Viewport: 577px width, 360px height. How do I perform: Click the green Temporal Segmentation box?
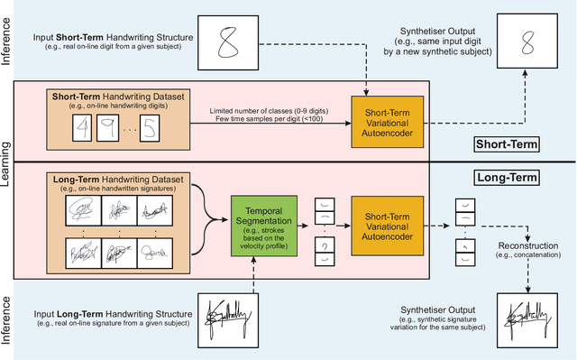tap(269, 220)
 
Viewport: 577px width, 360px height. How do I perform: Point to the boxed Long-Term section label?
tap(507, 179)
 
